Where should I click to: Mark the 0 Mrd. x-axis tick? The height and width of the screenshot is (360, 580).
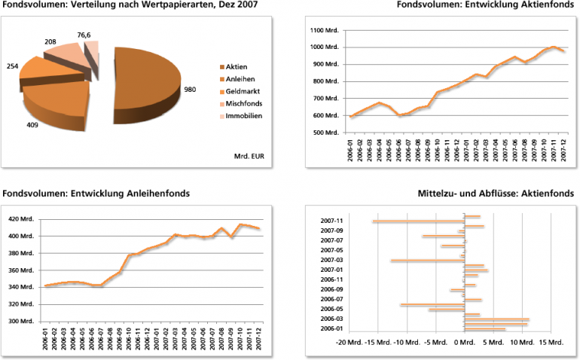pyautogui.click(x=465, y=342)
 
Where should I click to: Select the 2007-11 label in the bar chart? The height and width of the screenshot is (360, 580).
pyautogui.click(x=331, y=221)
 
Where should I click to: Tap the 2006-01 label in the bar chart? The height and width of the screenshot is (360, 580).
pyautogui.click(x=331, y=328)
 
